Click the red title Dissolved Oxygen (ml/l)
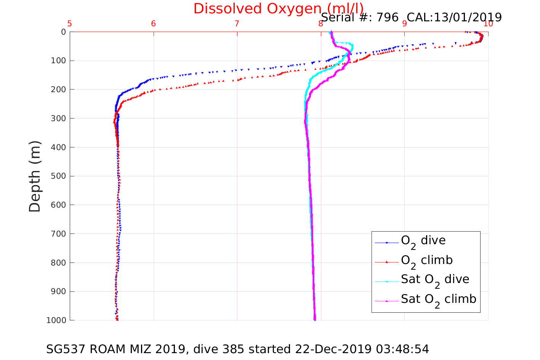278,8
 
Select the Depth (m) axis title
35,176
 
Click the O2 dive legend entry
423,241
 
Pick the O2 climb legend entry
426,261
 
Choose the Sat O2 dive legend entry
435,280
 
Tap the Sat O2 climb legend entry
438,299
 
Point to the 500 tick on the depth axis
58,176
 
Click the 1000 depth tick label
56,320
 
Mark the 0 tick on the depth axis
63,32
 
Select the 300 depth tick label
58,118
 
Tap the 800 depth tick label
58,263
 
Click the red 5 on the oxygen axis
70,24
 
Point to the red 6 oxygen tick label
153,24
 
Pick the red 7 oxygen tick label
237,24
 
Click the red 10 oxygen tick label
488,24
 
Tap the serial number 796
388,18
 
